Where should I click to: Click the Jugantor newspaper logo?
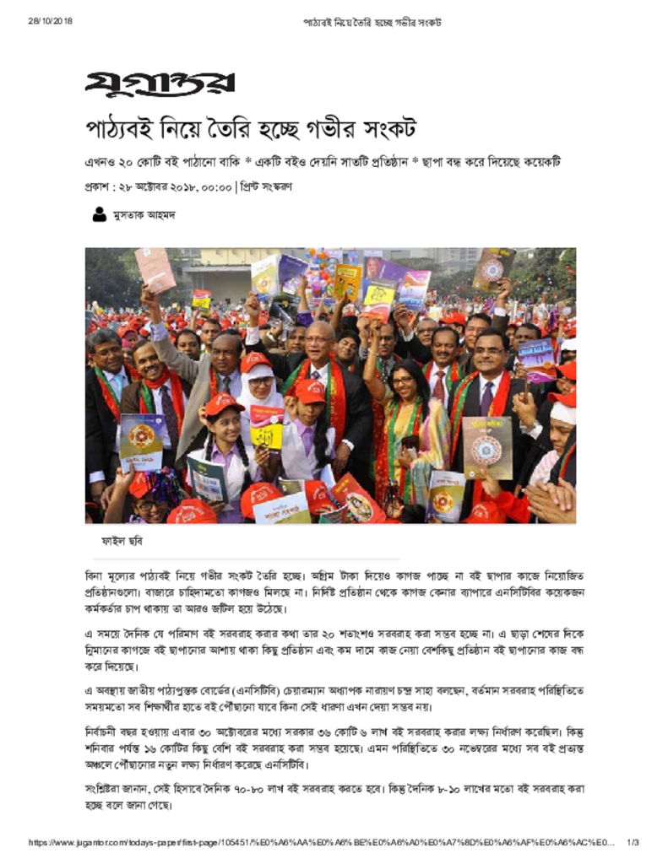[x=160, y=84]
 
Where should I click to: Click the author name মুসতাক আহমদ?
[x=144, y=215]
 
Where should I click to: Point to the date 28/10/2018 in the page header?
[x=50, y=21]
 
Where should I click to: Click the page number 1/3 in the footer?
[x=633, y=842]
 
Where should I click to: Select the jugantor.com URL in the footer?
[x=321, y=842]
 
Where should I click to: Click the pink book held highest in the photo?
[x=155, y=269]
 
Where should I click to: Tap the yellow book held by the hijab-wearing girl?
[x=267, y=426]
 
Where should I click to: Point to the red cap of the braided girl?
[x=224, y=404]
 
